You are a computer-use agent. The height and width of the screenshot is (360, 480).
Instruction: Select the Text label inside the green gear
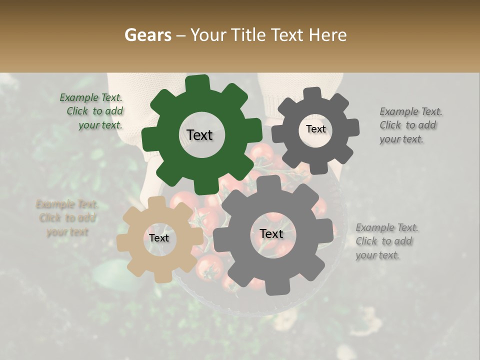click(199, 135)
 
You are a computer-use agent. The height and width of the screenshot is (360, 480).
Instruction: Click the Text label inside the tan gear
click(159, 238)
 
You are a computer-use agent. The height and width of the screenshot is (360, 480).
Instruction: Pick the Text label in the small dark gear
click(315, 129)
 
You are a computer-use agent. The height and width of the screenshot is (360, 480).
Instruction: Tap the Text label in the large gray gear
click(271, 234)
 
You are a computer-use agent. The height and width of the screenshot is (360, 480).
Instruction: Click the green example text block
click(91, 111)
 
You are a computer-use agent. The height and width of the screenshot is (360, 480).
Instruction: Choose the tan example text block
click(67, 218)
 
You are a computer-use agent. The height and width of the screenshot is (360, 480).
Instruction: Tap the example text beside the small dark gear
click(410, 125)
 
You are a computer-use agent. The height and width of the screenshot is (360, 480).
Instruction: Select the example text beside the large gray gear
click(387, 241)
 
